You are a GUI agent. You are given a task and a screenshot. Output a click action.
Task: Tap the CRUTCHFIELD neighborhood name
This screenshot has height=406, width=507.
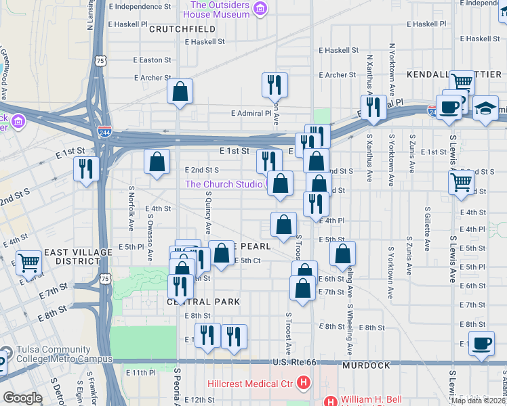click(x=182, y=29)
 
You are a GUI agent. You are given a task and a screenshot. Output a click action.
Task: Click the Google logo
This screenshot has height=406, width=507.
click(x=22, y=398)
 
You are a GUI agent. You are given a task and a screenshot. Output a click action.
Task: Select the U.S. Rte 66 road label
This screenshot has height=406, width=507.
click(x=293, y=364)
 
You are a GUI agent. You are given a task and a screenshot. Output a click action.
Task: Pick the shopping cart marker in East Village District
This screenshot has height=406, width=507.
click(x=28, y=261)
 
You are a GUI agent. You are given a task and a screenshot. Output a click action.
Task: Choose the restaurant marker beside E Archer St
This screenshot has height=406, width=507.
click(x=275, y=84)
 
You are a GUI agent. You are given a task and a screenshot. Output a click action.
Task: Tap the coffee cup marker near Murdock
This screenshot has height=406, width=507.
click(x=482, y=344)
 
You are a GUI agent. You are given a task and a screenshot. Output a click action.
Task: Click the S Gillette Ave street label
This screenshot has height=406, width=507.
click(x=427, y=229)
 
